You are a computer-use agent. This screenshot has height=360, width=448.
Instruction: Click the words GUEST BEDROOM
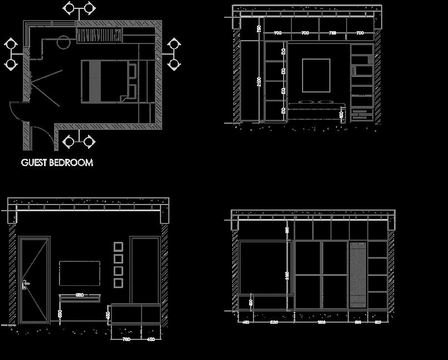[57, 163]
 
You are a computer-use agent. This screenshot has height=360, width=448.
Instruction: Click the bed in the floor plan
[109, 81]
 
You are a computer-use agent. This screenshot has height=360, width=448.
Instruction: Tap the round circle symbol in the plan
[62, 41]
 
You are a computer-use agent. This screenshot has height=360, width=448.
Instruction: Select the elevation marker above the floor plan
[79, 9]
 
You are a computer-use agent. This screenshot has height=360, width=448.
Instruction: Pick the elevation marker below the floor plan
[79, 141]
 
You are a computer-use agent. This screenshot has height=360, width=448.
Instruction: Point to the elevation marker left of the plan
[11, 54]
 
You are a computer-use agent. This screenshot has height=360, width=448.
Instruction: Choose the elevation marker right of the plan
[173, 54]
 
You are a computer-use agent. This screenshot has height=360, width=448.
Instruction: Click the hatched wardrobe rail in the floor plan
[99, 36]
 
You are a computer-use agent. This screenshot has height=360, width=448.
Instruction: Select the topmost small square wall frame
[118, 246]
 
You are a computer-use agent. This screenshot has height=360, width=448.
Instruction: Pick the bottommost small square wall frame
[118, 283]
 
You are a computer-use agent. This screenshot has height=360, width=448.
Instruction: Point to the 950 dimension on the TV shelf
[80, 295]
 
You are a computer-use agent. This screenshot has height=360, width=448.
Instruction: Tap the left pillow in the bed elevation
[306, 103]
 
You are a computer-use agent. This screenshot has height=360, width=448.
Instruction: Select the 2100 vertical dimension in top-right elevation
[258, 82]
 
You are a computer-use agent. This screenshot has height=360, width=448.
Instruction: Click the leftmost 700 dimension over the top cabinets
[277, 33]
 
